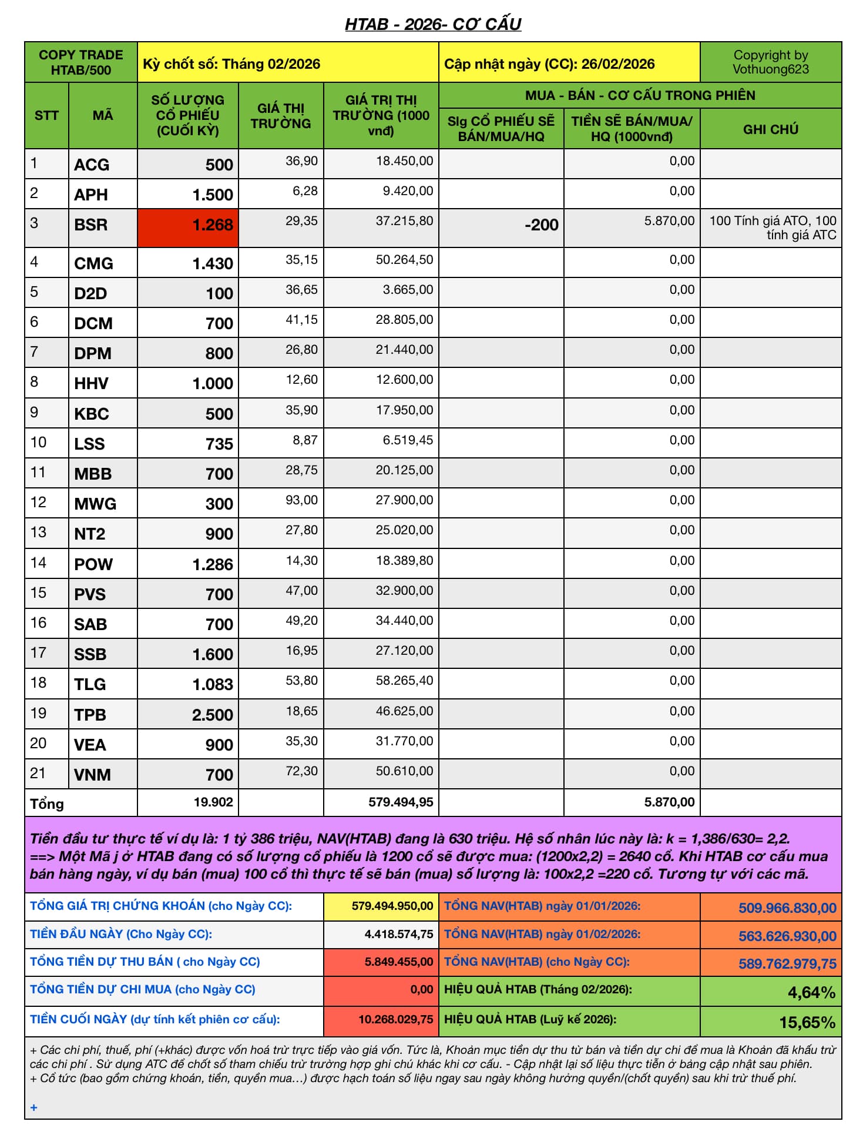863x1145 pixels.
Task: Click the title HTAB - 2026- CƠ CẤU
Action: pos(433,24)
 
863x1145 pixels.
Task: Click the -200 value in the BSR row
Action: pos(541,225)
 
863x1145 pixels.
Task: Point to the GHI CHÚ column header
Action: pos(770,129)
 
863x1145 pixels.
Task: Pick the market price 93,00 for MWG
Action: pos(301,500)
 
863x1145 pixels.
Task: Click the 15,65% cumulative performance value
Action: pos(807,1023)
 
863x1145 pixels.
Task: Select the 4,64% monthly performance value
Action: pos(811,993)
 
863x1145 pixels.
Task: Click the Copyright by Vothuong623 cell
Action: pos(770,62)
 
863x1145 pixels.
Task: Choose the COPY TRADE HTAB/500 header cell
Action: pos(81,62)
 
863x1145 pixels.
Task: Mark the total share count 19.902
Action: pos(213,802)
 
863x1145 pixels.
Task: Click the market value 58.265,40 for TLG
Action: pos(404,681)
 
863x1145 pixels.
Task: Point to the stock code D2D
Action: pos(90,293)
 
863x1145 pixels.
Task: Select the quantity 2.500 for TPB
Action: pos(212,715)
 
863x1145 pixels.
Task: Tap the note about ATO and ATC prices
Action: pos(772,228)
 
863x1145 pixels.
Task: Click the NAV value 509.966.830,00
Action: pos(787,908)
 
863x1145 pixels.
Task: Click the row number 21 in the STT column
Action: pos(38,773)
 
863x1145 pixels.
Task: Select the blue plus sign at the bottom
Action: pos(34,1107)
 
